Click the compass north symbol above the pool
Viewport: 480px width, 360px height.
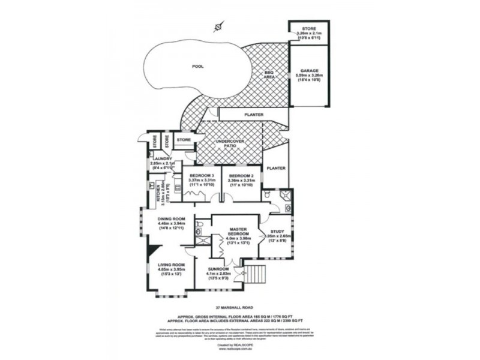(220, 26)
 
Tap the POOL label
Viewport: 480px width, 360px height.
(197, 67)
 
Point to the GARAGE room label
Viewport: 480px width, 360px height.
(310, 70)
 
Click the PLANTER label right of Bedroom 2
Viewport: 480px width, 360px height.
(277, 169)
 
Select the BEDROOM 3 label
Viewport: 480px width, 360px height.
(202, 175)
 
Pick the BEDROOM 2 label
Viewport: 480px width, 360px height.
(241, 175)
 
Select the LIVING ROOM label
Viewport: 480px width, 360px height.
(171, 265)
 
